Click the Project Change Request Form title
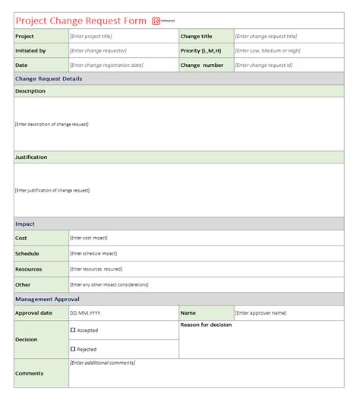[x=81, y=21]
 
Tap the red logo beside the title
[x=156, y=21]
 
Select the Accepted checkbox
[x=73, y=331]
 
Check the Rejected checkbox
[x=73, y=349]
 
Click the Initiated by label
[x=31, y=51]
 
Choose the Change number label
[x=202, y=65]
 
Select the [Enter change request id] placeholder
[x=264, y=65]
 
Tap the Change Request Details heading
[x=49, y=79]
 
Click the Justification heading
[x=31, y=157]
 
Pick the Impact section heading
[x=25, y=224]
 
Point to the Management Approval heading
[x=47, y=299]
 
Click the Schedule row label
[x=27, y=254]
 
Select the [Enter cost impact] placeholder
[x=94, y=239]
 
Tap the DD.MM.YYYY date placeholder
[x=85, y=313]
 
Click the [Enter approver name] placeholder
[x=261, y=313]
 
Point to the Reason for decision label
[x=207, y=325]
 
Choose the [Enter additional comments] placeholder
[x=103, y=363]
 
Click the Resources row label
[x=29, y=269]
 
